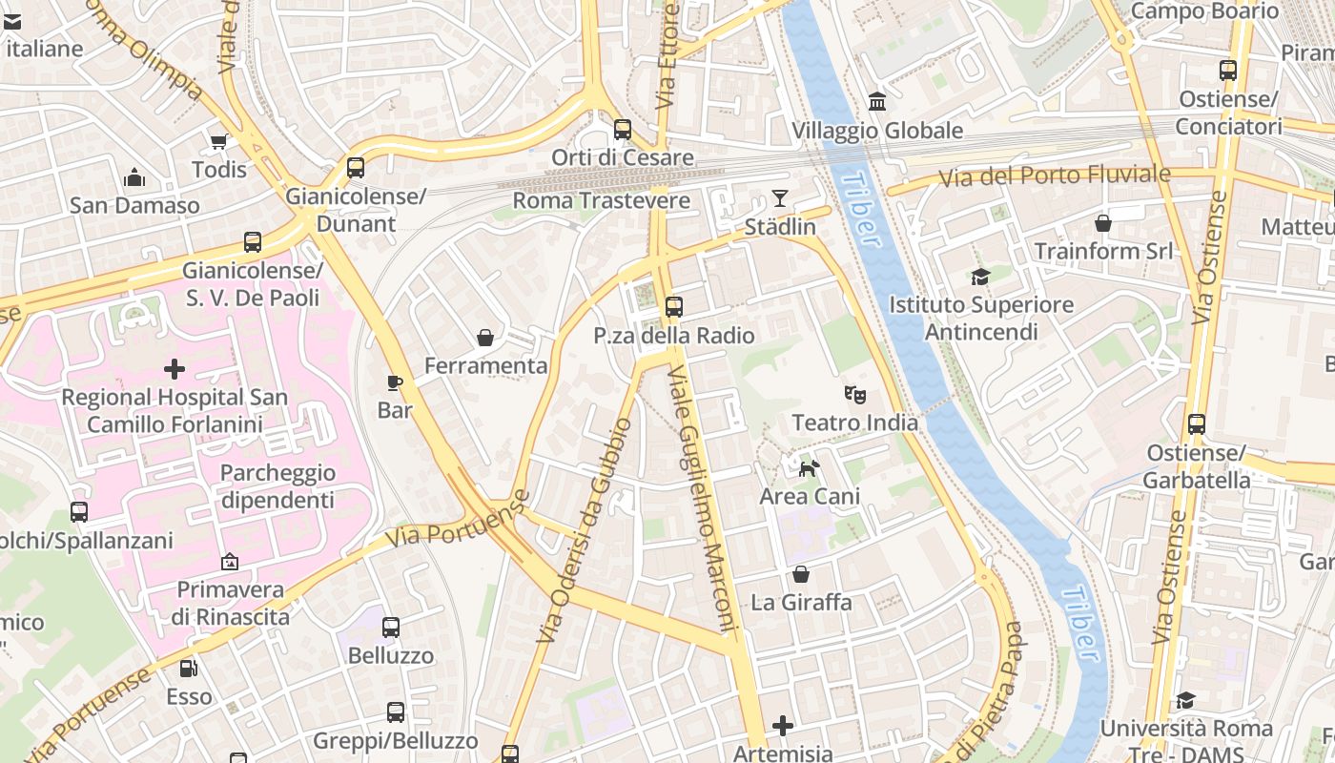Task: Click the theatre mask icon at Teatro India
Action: tap(854, 394)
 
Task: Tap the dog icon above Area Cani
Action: tap(809, 468)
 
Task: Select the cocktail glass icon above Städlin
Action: tap(780, 198)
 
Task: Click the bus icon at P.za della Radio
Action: tap(674, 307)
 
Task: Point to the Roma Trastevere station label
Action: tap(601, 200)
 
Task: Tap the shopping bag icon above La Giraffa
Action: tap(801, 574)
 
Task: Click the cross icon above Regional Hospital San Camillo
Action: tap(175, 368)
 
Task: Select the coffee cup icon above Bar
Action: tap(395, 382)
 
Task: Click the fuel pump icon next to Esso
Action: tap(189, 669)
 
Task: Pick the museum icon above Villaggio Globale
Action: tap(877, 101)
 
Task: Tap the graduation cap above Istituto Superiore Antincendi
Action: tap(980, 278)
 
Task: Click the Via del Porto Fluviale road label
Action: tap(1054, 175)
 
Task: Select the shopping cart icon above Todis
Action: tap(218, 142)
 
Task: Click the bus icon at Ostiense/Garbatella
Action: tap(1197, 424)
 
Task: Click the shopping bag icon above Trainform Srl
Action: tap(1103, 223)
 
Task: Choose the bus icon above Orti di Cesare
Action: tap(623, 129)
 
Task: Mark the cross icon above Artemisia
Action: tap(783, 726)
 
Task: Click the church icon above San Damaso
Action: tap(134, 177)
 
